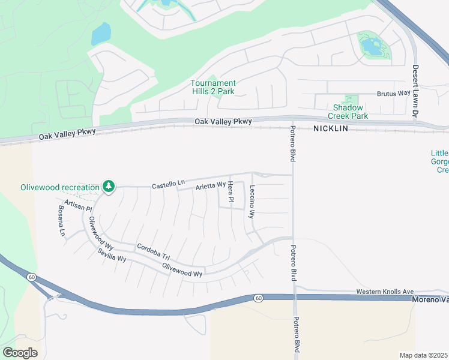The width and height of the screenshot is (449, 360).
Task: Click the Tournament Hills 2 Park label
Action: pos(213,87)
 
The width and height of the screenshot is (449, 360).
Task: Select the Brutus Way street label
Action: pos(393,94)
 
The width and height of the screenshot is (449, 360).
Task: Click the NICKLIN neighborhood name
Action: pos(330,129)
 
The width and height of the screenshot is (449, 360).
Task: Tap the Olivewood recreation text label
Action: pos(60,187)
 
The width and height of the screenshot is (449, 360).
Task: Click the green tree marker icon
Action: pos(109,187)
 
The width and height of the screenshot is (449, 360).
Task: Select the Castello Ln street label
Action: pos(168,185)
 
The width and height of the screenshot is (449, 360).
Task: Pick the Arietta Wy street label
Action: pos(210,187)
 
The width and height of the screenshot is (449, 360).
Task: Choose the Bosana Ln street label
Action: pos(61,221)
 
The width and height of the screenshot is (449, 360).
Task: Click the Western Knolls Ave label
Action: pos(385,292)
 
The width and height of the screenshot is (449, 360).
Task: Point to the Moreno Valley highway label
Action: pos(430,299)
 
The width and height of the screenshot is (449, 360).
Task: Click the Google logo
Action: pos(19,353)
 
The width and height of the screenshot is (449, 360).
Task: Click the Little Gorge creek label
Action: pos(439,161)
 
